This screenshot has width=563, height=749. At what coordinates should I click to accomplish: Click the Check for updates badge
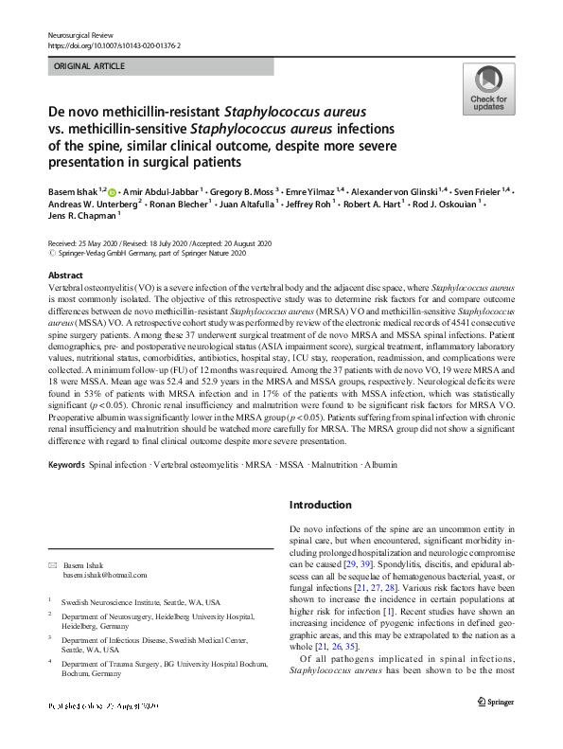488,89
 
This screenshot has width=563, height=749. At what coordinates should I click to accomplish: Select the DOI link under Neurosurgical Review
114,44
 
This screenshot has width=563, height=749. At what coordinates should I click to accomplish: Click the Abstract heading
65,275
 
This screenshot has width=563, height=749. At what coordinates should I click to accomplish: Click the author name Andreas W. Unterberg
93,205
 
